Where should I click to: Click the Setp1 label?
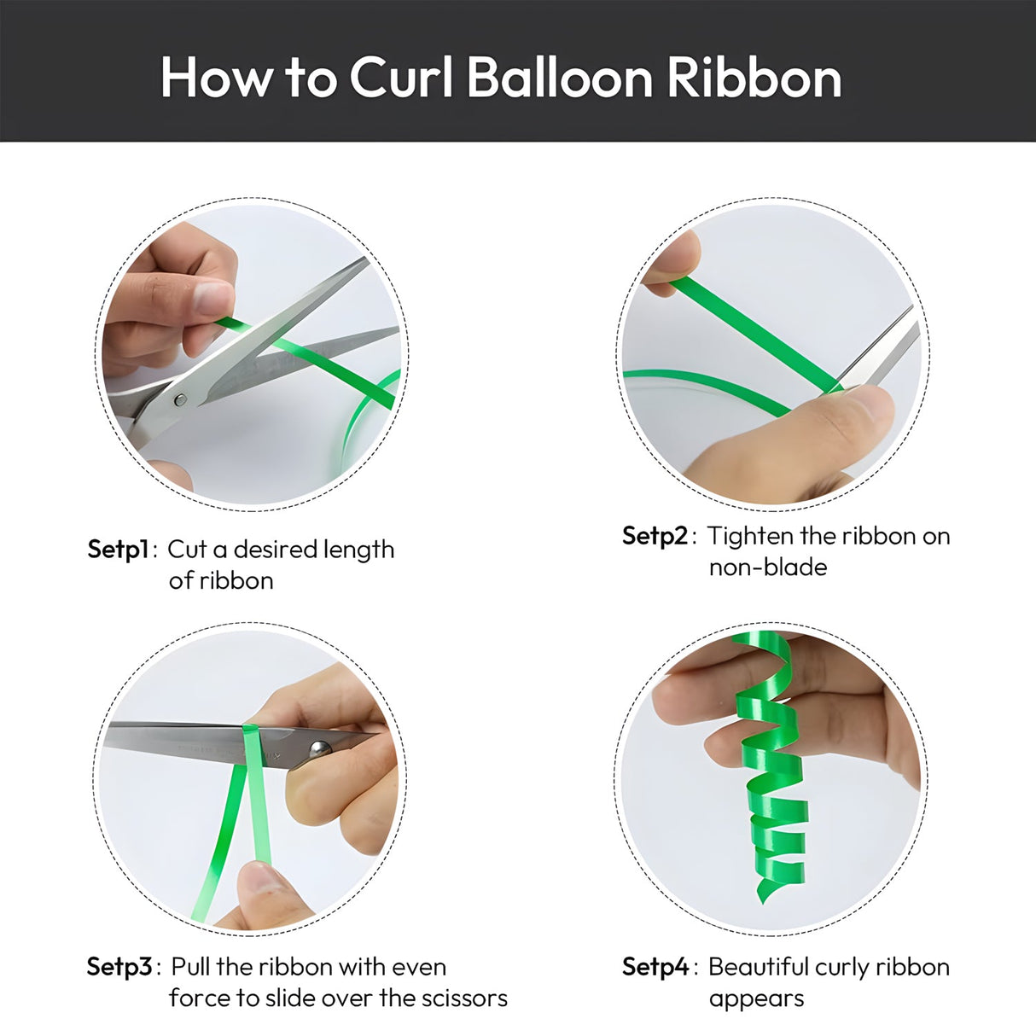(118, 550)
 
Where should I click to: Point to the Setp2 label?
(655, 535)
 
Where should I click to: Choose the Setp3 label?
(119, 966)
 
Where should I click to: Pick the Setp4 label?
(655, 966)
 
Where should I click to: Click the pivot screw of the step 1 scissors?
(181, 399)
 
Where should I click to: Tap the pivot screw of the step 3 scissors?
(320, 748)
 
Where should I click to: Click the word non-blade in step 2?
(768, 567)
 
